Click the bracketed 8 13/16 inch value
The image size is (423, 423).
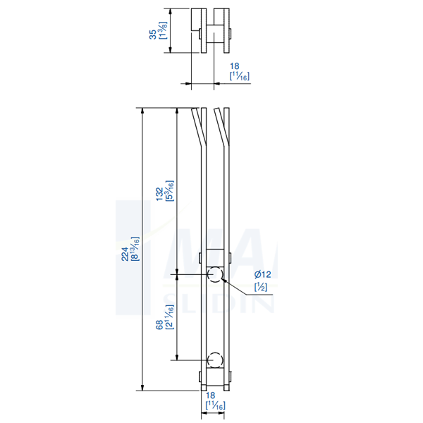[x=134, y=250]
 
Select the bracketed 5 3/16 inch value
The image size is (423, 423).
[x=170, y=190]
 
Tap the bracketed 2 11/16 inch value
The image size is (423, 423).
[x=170, y=321]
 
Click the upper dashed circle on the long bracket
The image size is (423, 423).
[x=214, y=274]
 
